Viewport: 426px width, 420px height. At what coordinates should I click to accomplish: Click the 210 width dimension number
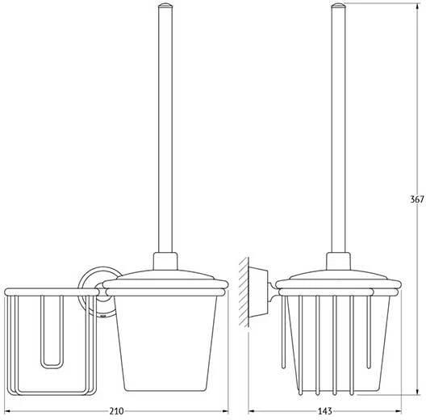click(x=116, y=411)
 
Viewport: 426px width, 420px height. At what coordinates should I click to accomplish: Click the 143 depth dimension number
click(x=325, y=411)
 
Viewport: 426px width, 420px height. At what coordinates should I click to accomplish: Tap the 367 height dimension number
click(x=417, y=199)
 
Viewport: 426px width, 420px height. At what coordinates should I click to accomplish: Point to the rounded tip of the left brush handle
click(x=165, y=5)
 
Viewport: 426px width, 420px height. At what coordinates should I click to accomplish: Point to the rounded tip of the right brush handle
click(x=338, y=5)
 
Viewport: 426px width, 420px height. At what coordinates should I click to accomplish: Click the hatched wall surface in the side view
click(x=244, y=292)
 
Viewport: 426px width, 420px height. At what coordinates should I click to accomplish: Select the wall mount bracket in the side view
click(x=258, y=292)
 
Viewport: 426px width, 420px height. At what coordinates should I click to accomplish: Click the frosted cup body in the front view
click(x=165, y=343)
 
